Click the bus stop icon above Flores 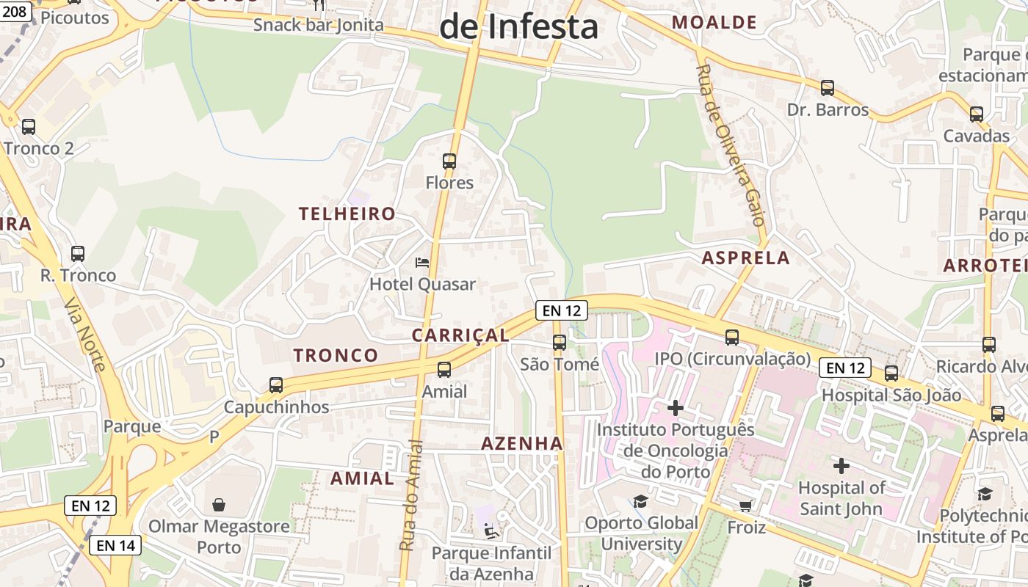449,161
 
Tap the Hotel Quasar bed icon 422,262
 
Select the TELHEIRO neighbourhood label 347,214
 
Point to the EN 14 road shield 115,545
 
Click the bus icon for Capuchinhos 276,385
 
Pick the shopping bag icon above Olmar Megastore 219,505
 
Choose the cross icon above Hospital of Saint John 841,465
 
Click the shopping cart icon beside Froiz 746,506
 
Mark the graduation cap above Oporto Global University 641,501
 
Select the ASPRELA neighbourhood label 746,258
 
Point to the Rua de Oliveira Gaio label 731,145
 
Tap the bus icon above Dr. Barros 828,88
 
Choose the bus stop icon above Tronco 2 29,127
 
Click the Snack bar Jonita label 319,25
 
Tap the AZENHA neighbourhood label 522,443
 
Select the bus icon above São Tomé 560,343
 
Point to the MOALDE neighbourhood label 714,22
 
